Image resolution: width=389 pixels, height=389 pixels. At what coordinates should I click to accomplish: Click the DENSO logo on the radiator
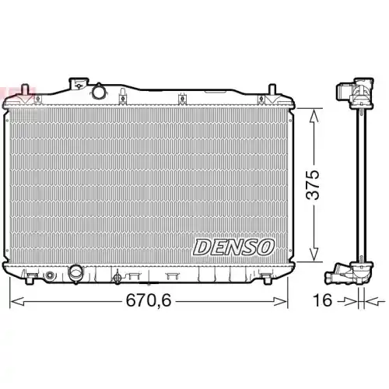(x=233, y=247)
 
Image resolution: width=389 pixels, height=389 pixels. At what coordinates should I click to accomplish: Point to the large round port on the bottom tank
(x=77, y=274)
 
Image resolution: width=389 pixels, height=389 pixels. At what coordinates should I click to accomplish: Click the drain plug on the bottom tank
(x=117, y=277)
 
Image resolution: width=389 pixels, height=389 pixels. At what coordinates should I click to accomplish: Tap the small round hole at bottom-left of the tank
(x=50, y=275)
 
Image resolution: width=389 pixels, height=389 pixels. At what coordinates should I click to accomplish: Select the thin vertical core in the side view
(x=362, y=183)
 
